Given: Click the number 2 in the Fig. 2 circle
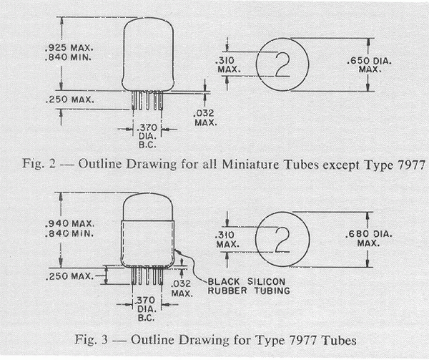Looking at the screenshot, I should tap(282, 64).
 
